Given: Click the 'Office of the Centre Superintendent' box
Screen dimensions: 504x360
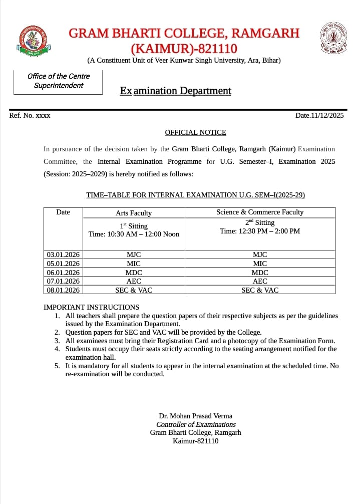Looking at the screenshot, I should [58, 81].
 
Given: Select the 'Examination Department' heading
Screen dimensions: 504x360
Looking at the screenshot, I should [175, 91].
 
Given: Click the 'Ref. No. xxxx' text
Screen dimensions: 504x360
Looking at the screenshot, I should [30, 115].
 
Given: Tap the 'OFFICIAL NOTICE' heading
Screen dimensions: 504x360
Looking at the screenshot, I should [195, 132].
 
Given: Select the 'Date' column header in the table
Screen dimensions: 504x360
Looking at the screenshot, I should [63, 212].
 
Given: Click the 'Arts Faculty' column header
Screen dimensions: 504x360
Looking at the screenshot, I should [133, 213].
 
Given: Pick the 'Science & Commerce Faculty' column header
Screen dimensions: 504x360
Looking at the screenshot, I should [259, 212].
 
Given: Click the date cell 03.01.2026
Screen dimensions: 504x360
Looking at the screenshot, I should [63, 255].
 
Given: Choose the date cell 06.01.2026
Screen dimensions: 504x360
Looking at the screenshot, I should [63, 272].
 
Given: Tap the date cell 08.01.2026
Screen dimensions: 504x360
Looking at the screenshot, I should [63, 290].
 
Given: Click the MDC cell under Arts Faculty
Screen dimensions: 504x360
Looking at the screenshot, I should [134, 272].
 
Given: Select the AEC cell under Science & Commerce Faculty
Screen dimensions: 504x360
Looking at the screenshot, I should [260, 281].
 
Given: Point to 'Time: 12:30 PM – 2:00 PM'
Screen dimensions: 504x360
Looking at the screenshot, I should [259, 231].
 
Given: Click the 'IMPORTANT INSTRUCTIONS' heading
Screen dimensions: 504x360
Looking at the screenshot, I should [92, 307].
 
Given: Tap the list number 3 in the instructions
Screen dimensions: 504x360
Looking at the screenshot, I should [57, 340].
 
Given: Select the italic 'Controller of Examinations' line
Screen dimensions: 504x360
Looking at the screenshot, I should [196, 424].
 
